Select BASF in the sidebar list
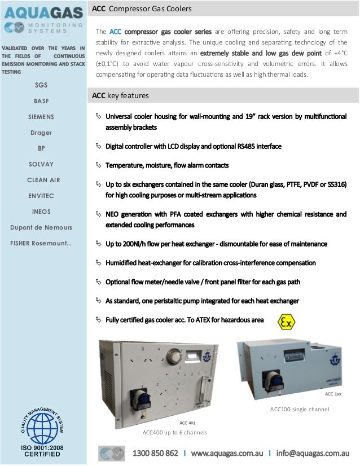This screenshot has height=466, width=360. tap(41, 101)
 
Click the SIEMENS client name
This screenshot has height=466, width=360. tap(41, 117)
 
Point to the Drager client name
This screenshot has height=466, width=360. tap(41, 133)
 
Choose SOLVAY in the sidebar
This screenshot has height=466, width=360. tap(41, 164)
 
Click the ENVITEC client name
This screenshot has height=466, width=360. tap(41, 196)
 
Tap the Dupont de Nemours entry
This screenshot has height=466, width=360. tap(41, 227)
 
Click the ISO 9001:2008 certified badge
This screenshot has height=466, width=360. tap(42, 432)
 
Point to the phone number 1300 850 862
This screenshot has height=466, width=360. tap(155, 453)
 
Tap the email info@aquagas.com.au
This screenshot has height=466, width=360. tap(313, 453)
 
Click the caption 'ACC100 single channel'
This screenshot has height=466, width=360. tap(300, 409)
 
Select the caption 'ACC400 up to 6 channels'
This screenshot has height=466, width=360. tap(175, 432)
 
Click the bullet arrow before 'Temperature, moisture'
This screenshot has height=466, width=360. tap(97, 165)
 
